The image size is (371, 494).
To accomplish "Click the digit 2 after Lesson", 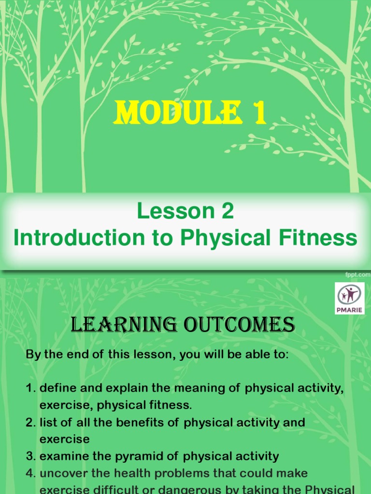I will [x=228, y=211].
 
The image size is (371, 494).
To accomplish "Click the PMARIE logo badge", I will [x=349, y=299].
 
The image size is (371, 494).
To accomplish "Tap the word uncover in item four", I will [x=60, y=473].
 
